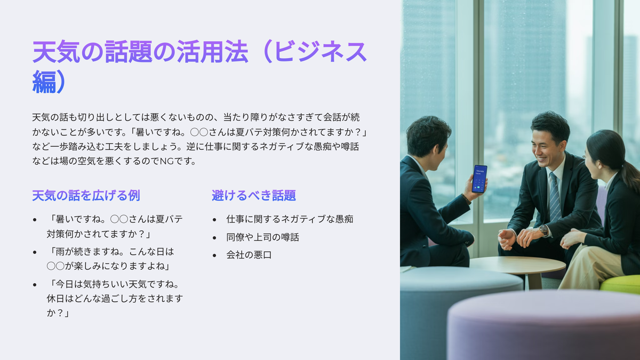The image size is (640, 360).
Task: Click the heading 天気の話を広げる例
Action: coord(86,196)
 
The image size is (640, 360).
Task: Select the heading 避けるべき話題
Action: coord(254,196)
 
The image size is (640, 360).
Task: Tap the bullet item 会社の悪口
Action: coord(249,255)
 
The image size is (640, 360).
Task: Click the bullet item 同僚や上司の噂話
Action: coord(262,237)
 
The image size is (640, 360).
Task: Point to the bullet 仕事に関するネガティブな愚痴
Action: coord(290,219)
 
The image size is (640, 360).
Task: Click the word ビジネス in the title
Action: coord(321,52)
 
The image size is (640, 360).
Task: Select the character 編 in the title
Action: coord(44,82)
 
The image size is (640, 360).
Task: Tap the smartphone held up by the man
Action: coord(479,179)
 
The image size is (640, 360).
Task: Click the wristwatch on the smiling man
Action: coord(543,230)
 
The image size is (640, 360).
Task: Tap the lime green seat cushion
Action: coord(620,284)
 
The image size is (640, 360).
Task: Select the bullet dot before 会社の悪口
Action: coord(214,255)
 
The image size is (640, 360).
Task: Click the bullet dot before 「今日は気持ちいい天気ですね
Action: coord(35,285)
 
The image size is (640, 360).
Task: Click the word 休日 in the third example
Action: coord(55,299)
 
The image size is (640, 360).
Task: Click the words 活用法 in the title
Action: coord(212,52)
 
